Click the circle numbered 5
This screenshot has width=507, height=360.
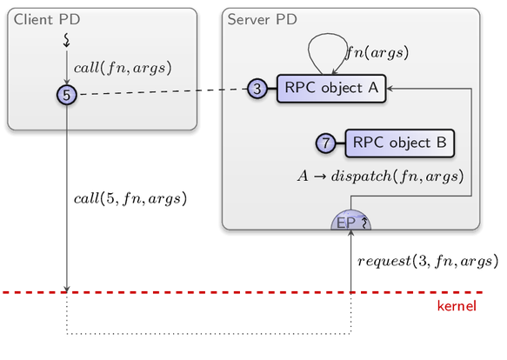point(67,95)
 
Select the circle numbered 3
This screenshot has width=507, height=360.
point(257,89)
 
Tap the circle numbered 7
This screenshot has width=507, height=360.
point(325,143)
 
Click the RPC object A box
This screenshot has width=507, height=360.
point(331,89)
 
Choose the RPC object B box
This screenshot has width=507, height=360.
point(400,143)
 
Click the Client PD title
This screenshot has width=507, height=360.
point(47,19)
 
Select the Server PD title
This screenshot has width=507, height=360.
point(263,19)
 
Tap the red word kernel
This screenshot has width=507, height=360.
point(457,306)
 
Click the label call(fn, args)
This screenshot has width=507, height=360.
point(123,68)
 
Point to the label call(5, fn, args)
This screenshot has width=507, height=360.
point(130,198)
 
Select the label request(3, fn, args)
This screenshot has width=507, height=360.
point(428,261)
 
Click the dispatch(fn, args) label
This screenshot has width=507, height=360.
point(381,177)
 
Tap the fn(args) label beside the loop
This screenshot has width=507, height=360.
point(377,52)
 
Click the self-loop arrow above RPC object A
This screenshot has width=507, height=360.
point(327,34)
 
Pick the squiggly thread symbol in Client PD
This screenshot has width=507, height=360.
point(67,40)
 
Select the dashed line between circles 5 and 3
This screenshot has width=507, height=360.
point(163,91)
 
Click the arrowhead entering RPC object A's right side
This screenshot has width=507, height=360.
point(390,89)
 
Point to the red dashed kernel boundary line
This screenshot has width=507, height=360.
point(243,292)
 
